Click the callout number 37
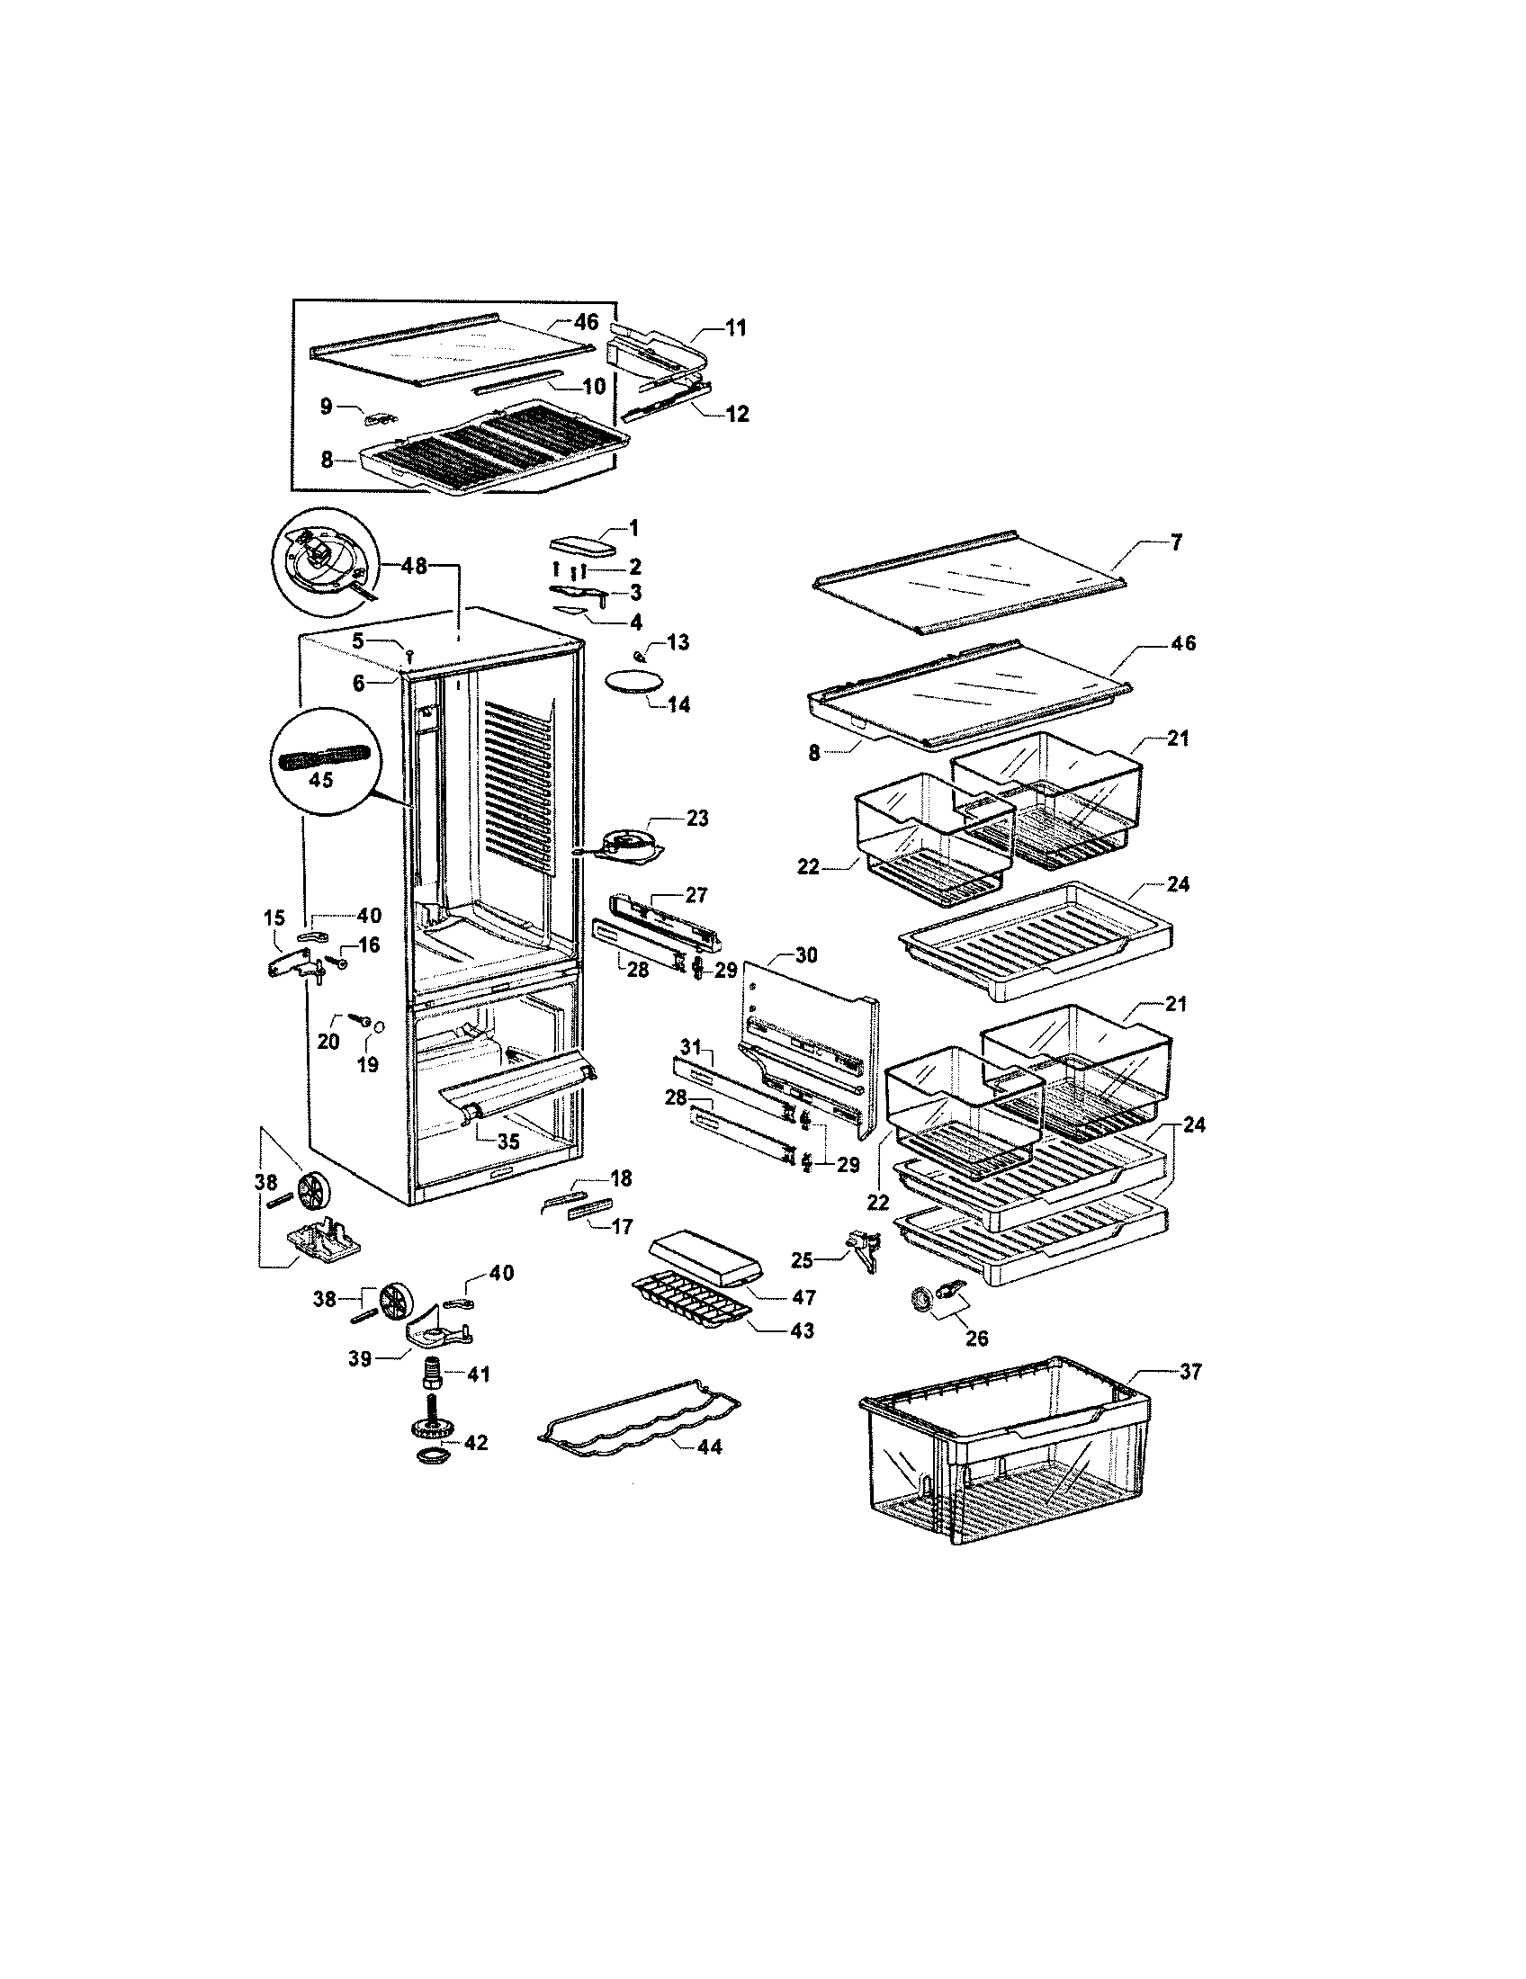pyautogui.click(x=1189, y=1373)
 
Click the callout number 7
pyautogui.click(x=1175, y=543)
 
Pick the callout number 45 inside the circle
pyautogui.click(x=321, y=779)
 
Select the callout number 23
pyautogui.click(x=696, y=819)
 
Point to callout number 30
pyautogui.click(x=805, y=954)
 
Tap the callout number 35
pyautogui.click(x=508, y=1142)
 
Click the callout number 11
pyautogui.click(x=735, y=328)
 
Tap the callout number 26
pyautogui.click(x=977, y=1338)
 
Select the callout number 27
pyautogui.click(x=696, y=895)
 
